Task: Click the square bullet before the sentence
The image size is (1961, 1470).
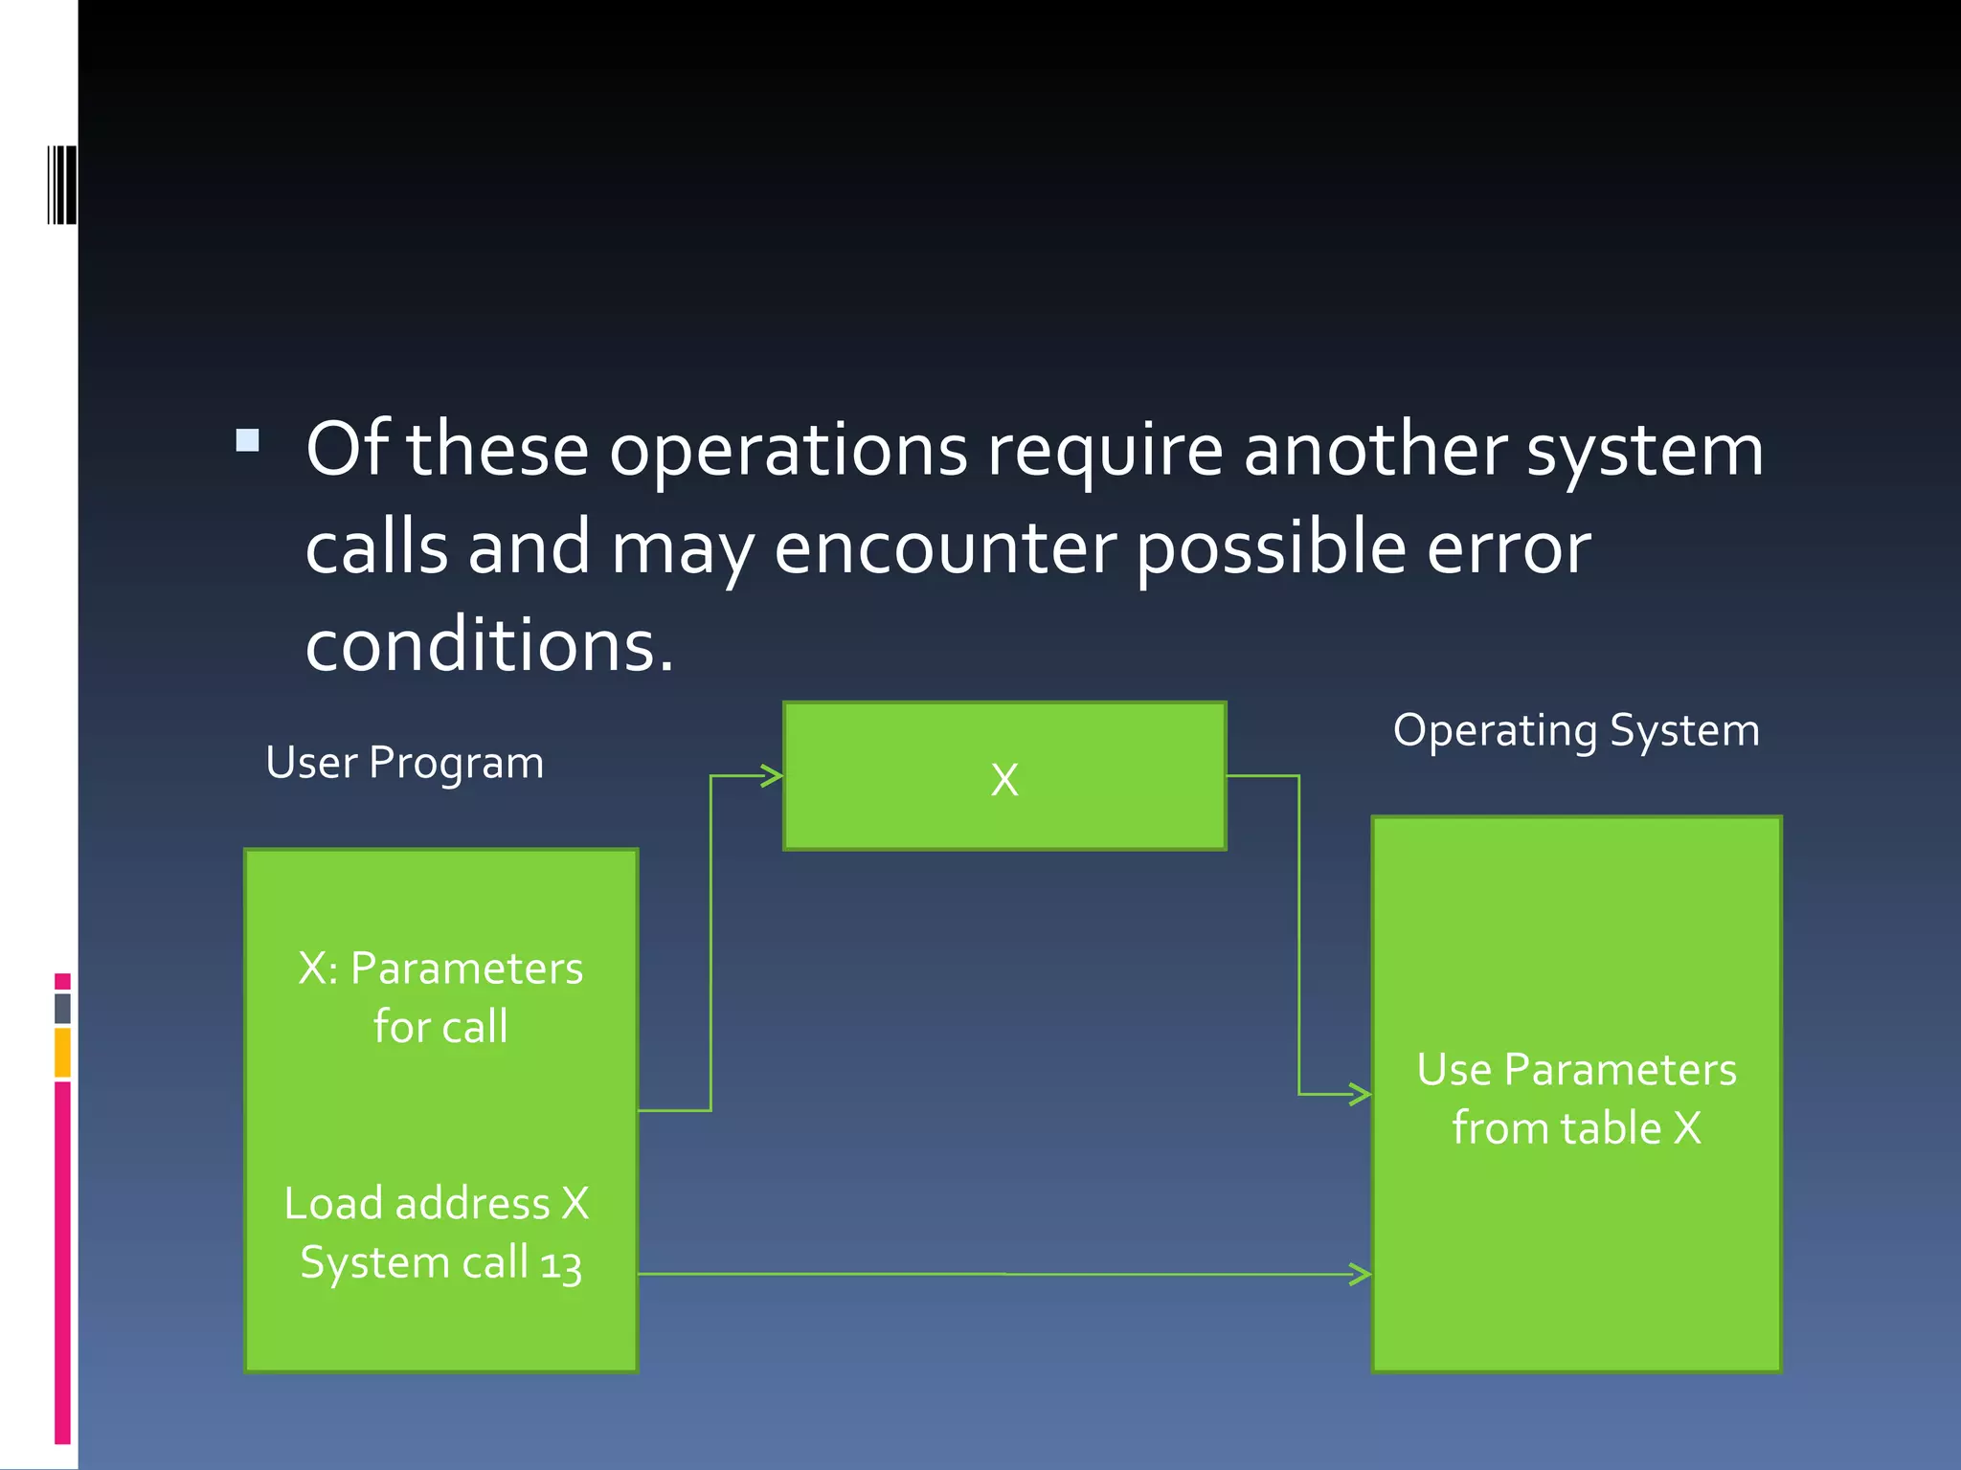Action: click(x=248, y=440)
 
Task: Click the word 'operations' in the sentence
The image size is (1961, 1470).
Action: click(x=788, y=452)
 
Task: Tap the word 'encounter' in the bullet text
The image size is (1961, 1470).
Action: click(x=944, y=549)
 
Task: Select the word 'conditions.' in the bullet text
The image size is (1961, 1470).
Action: click(x=489, y=646)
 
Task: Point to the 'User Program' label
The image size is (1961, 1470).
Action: click(x=404, y=764)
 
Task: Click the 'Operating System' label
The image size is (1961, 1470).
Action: click(x=1576, y=731)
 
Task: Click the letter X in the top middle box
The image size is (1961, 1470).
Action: click(x=1004, y=780)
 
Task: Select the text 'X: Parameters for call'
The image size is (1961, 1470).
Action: click(x=440, y=997)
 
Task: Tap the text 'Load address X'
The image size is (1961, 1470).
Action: click(x=437, y=1204)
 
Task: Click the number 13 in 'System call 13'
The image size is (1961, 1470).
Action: click(x=561, y=1265)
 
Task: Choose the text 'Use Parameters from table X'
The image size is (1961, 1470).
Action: click(x=1576, y=1099)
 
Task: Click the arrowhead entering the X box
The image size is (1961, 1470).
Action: click(x=772, y=775)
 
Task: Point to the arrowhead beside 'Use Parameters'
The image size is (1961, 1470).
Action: click(x=1360, y=1093)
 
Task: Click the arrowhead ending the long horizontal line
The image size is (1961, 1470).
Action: click(x=1360, y=1274)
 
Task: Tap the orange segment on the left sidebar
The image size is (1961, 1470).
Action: click(x=62, y=1052)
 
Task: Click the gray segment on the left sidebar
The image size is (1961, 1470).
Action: click(x=62, y=1009)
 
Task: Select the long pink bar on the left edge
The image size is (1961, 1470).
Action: click(x=62, y=1261)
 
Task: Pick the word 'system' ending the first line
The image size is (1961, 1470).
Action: click(x=1644, y=452)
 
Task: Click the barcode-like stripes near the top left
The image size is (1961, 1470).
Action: click(x=62, y=185)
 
